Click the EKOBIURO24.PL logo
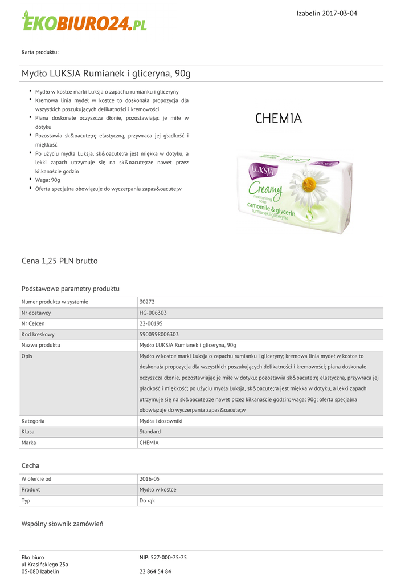pyautogui.click(x=84, y=21)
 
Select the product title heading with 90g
pyautogui.click(x=106, y=74)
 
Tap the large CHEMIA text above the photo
pyautogui.click(x=279, y=119)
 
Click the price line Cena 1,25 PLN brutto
pyautogui.click(x=60, y=261)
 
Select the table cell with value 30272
pyautogui.click(x=147, y=302)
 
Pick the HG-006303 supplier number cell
pyautogui.click(x=153, y=313)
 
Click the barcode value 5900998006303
pyautogui.click(x=159, y=334)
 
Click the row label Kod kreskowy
pyautogui.click(x=38, y=334)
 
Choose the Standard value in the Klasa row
pyautogui.click(x=150, y=432)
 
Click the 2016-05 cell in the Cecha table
pyautogui.click(x=149, y=479)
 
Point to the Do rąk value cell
pyautogui.click(x=147, y=501)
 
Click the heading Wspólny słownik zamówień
pyautogui.click(x=62, y=524)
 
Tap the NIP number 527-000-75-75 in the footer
pyautogui.click(x=163, y=557)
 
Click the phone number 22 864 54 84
pyautogui.click(x=155, y=571)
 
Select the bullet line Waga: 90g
pyautogui.click(x=47, y=180)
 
